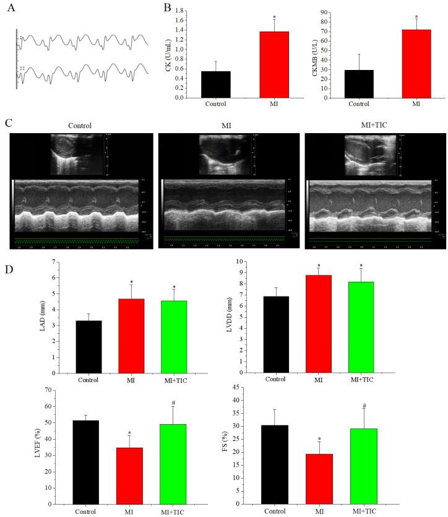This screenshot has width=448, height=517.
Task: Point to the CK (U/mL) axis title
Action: pos(168,54)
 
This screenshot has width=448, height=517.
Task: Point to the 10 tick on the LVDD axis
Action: pos(258,262)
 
